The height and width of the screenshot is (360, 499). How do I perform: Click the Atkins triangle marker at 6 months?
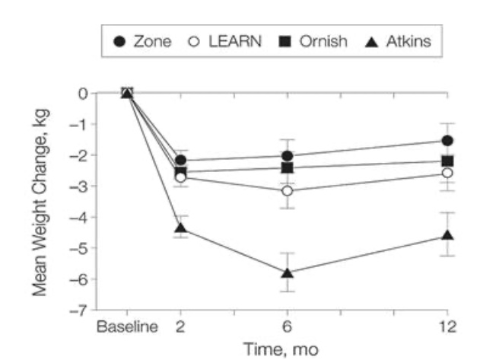pos(287,272)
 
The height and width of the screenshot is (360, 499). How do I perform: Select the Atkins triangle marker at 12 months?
pos(447,235)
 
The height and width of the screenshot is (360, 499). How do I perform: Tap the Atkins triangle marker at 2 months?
pos(180,228)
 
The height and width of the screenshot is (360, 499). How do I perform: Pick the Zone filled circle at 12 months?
pos(447,141)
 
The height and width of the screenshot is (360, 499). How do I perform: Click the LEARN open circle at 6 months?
pos(287,190)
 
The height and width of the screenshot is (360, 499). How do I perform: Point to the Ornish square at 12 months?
pos(447,161)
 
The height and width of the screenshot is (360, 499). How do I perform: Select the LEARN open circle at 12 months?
pos(447,173)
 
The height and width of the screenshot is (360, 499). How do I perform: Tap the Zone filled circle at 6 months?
pos(287,156)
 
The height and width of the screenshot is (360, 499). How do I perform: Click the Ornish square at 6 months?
pos(287,168)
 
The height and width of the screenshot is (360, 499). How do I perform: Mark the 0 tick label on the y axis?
pos(82,93)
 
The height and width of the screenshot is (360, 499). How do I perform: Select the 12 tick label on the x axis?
pos(447,327)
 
